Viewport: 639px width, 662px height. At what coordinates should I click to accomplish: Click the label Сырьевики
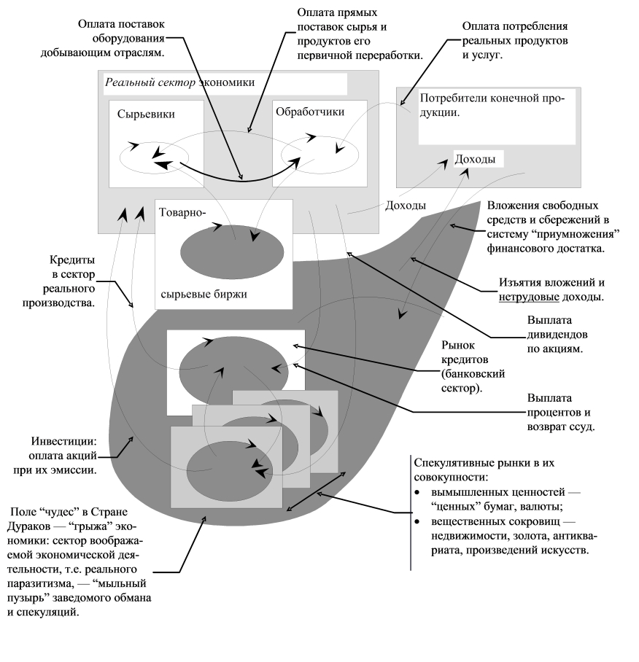click(146, 114)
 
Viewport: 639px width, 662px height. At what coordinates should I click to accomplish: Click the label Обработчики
click(310, 112)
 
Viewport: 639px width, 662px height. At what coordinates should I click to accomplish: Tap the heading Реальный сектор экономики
click(179, 82)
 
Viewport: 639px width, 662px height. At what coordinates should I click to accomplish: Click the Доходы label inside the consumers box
click(475, 159)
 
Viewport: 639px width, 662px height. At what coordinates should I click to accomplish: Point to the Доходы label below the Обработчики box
click(405, 206)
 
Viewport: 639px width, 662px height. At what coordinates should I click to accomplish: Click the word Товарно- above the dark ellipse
click(182, 212)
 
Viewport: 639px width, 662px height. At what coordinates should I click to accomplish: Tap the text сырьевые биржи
click(204, 295)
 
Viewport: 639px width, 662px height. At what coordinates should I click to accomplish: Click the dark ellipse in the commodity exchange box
click(232, 252)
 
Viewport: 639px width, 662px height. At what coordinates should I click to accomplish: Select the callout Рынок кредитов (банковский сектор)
click(473, 367)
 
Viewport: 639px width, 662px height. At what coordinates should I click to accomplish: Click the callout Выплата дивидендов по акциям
click(557, 335)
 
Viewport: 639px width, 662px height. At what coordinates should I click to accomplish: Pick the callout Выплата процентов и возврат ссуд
click(560, 413)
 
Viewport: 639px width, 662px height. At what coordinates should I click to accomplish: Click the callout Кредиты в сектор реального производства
click(58, 281)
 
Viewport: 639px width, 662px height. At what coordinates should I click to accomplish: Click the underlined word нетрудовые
click(529, 297)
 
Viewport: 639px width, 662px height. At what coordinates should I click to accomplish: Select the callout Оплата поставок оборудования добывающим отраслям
click(102, 39)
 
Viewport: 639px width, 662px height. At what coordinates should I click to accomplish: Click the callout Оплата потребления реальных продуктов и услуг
click(515, 41)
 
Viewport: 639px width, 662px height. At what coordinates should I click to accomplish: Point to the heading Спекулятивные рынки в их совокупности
click(484, 470)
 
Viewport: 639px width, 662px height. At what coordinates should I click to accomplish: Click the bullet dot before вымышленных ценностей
click(417, 493)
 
